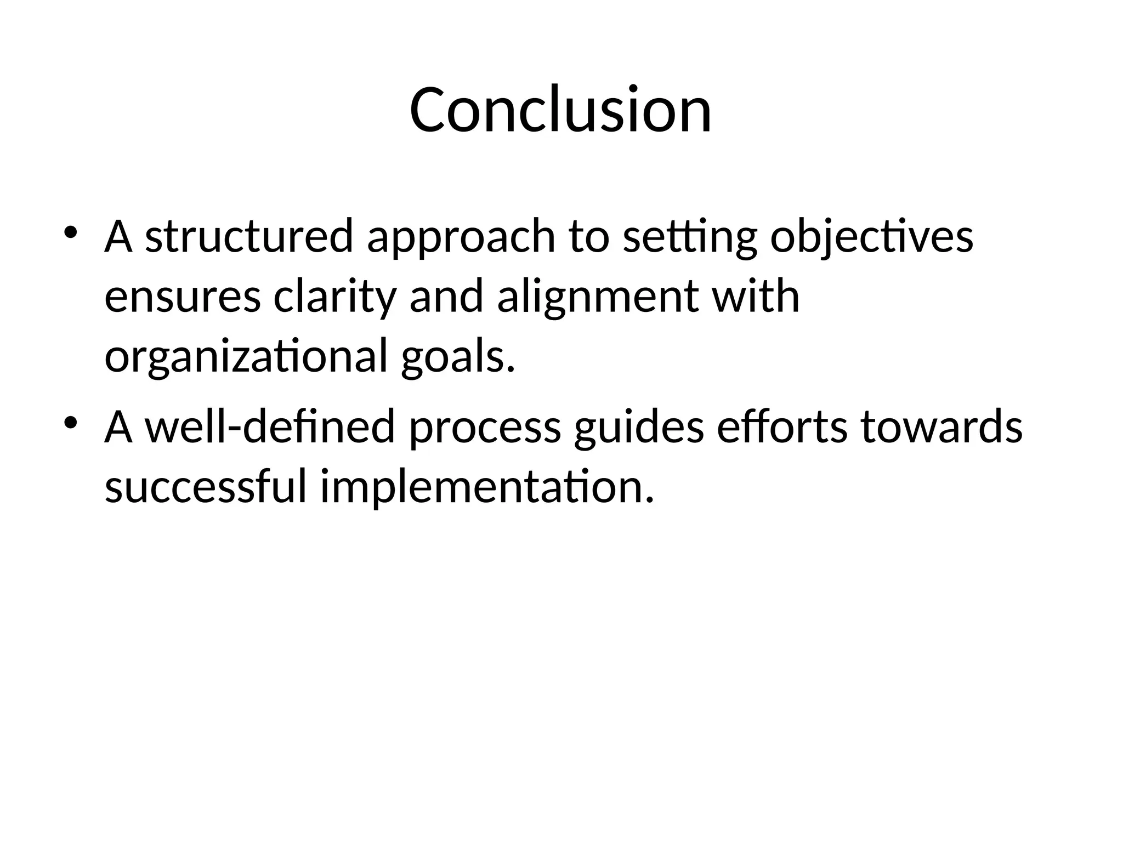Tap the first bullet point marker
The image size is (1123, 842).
[71, 232]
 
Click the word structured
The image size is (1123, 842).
[248, 237]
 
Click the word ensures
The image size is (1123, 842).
[182, 297]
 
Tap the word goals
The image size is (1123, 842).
[458, 357]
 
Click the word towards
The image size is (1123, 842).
[941, 428]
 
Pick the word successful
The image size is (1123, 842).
[205, 487]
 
